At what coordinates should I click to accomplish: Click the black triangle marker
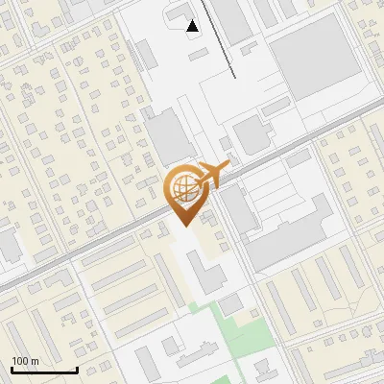(x=194, y=26)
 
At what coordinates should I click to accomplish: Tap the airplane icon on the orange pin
(x=212, y=174)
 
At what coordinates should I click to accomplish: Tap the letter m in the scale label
(x=35, y=361)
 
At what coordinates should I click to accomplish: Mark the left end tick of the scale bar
(x=11, y=369)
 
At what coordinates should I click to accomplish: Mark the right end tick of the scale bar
(x=77, y=369)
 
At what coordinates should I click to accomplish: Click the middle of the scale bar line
(x=43, y=370)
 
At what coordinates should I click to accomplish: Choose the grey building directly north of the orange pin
(x=168, y=134)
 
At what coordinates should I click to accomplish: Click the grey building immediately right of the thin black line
(x=230, y=19)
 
